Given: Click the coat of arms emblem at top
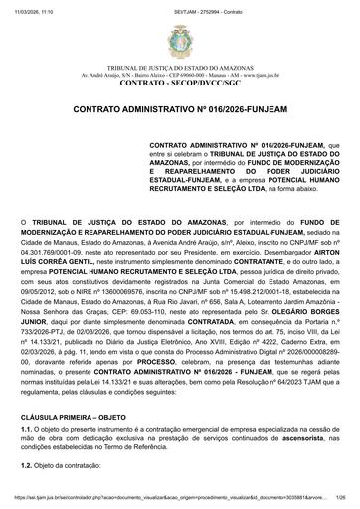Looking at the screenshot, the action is pos(180,40).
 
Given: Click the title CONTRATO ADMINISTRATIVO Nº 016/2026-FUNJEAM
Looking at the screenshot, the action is pos(180,130).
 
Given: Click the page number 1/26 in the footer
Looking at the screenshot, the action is pos(340,503).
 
